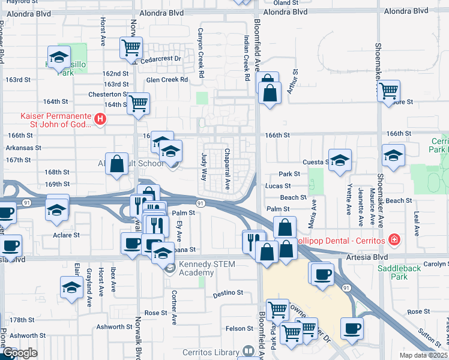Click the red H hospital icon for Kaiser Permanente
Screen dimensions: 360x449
100,120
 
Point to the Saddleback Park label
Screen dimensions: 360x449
400,273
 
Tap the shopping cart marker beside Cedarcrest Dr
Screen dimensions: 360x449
130,47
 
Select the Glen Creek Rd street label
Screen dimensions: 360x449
167,79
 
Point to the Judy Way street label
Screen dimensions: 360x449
203,167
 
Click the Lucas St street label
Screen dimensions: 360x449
278,186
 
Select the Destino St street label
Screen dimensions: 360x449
228,294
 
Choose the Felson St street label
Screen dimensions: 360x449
239,328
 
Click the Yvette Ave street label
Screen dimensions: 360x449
349,203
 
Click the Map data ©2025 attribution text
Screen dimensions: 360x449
423,355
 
